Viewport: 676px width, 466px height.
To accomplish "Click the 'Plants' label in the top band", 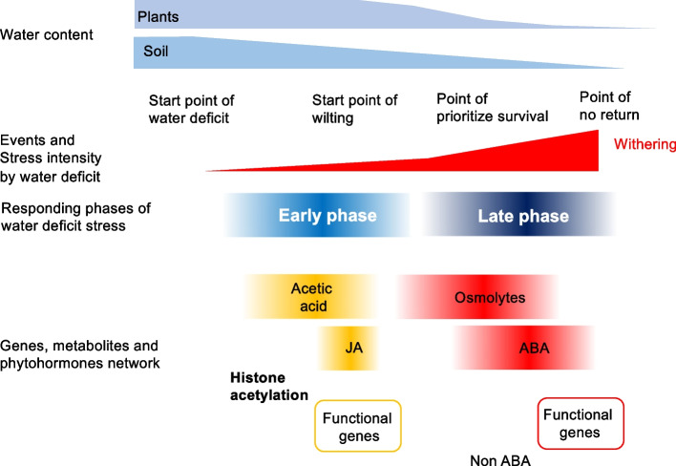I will [x=159, y=16].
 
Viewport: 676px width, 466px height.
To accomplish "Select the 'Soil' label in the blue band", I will [x=155, y=51].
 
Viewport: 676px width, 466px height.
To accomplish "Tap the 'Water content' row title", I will [x=46, y=35].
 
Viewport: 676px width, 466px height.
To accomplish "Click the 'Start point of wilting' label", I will [x=355, y=109].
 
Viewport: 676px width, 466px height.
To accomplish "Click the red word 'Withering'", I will [x=644, y=144].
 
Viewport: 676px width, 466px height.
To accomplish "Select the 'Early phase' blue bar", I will [x=327, y=216].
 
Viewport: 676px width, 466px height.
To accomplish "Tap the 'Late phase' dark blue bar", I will [x=522, y=216].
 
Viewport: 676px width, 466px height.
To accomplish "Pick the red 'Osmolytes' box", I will [x=490, y=297].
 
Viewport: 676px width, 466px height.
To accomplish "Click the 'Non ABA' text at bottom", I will [x=496, y=458].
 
